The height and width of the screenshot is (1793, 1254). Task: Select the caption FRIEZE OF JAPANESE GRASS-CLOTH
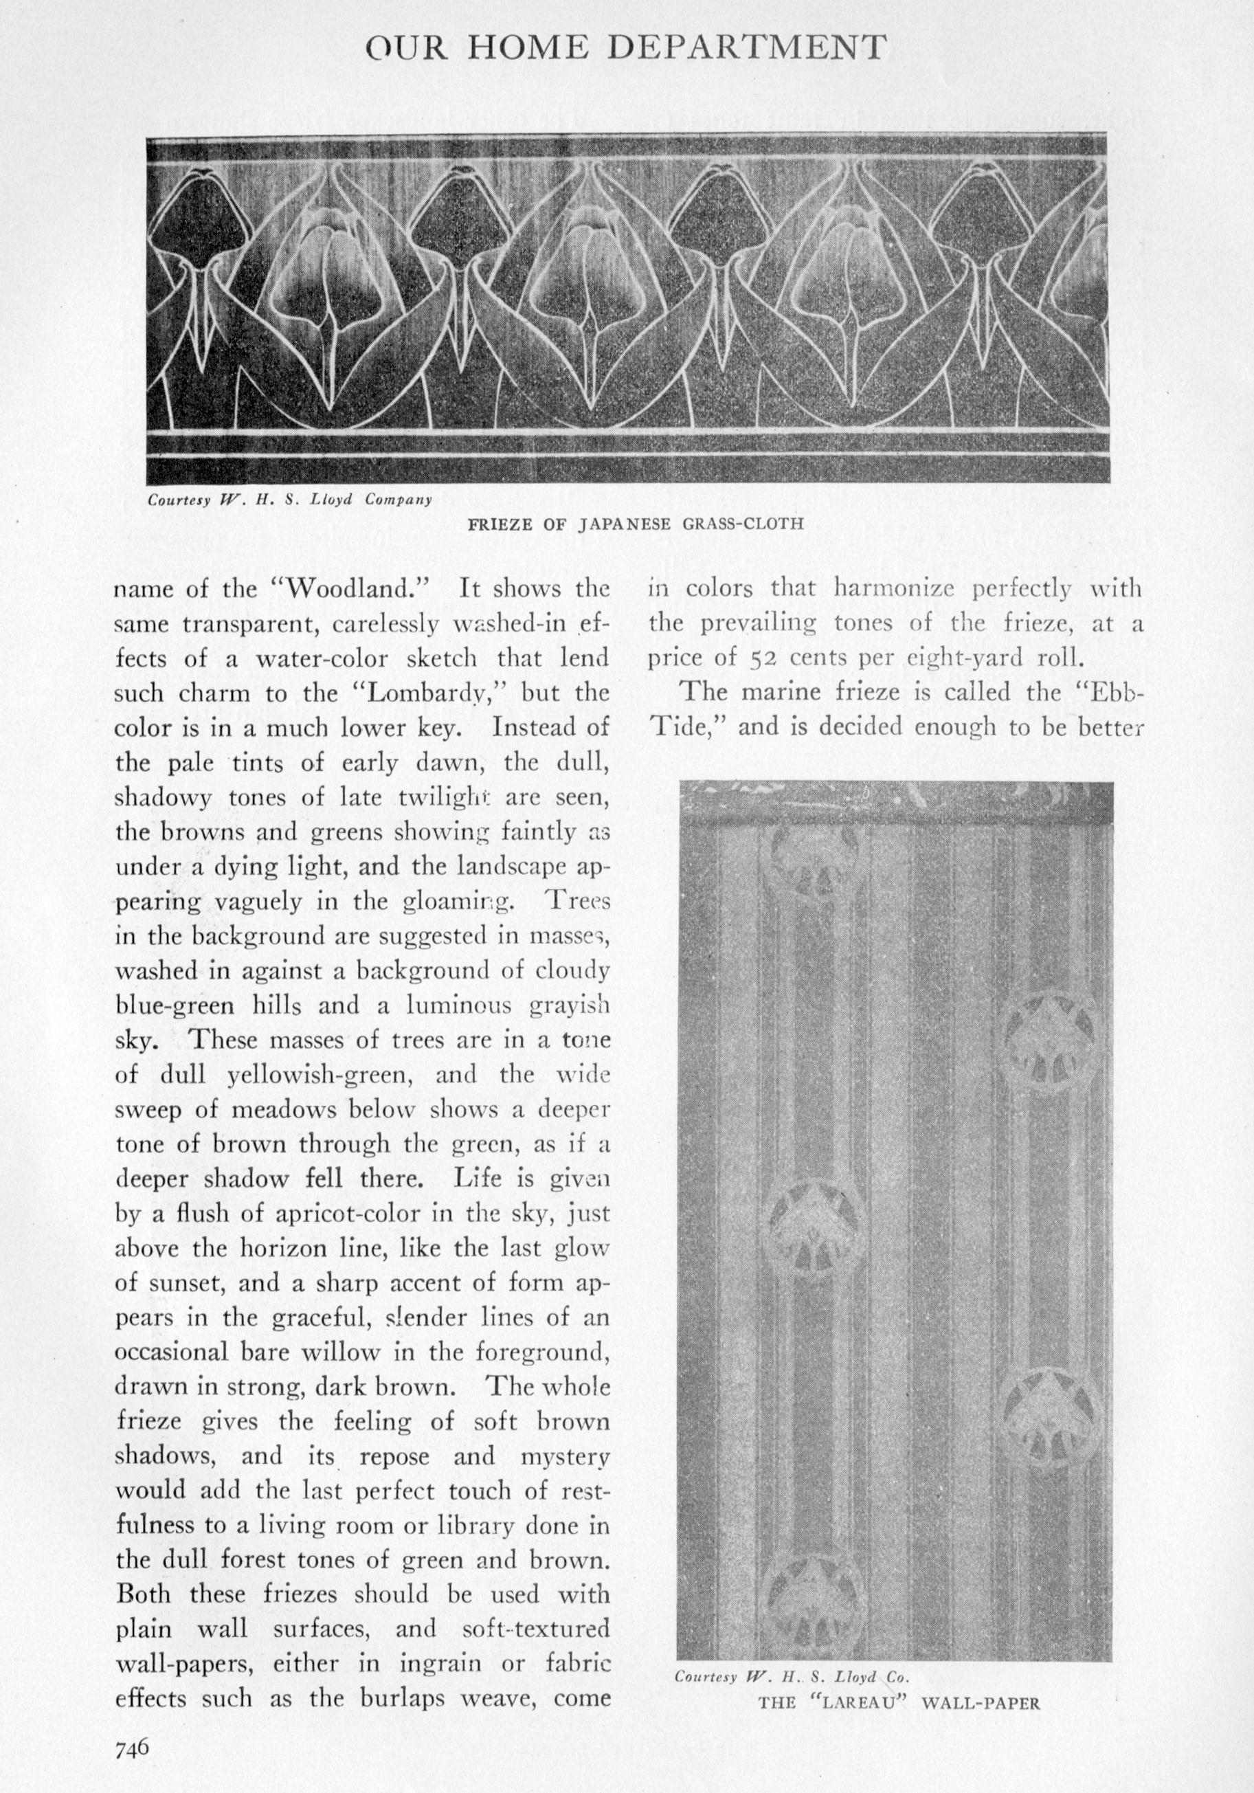(x=635, y=524)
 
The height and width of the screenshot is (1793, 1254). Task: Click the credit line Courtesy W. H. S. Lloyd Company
(x=290, y=500)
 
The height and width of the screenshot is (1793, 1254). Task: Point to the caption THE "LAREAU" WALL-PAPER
(x=899, y=1697)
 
